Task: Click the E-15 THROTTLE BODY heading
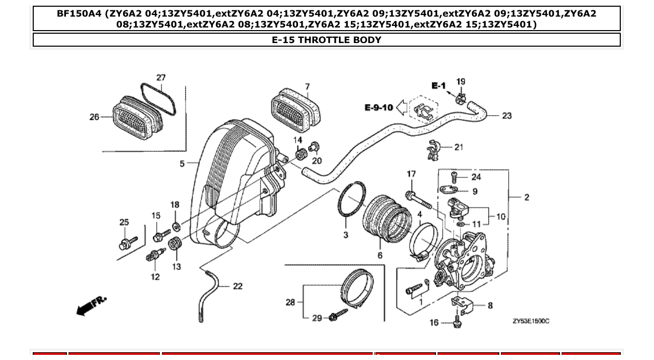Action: [326, 40]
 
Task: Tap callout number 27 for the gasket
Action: [161, 78]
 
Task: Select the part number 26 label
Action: [94, 117]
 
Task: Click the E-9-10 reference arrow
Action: [401, 107]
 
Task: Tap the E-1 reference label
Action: [439, 86]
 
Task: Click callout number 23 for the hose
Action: [507, 116]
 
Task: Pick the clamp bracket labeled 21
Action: [434, 149]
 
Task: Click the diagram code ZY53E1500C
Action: [530, 321]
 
